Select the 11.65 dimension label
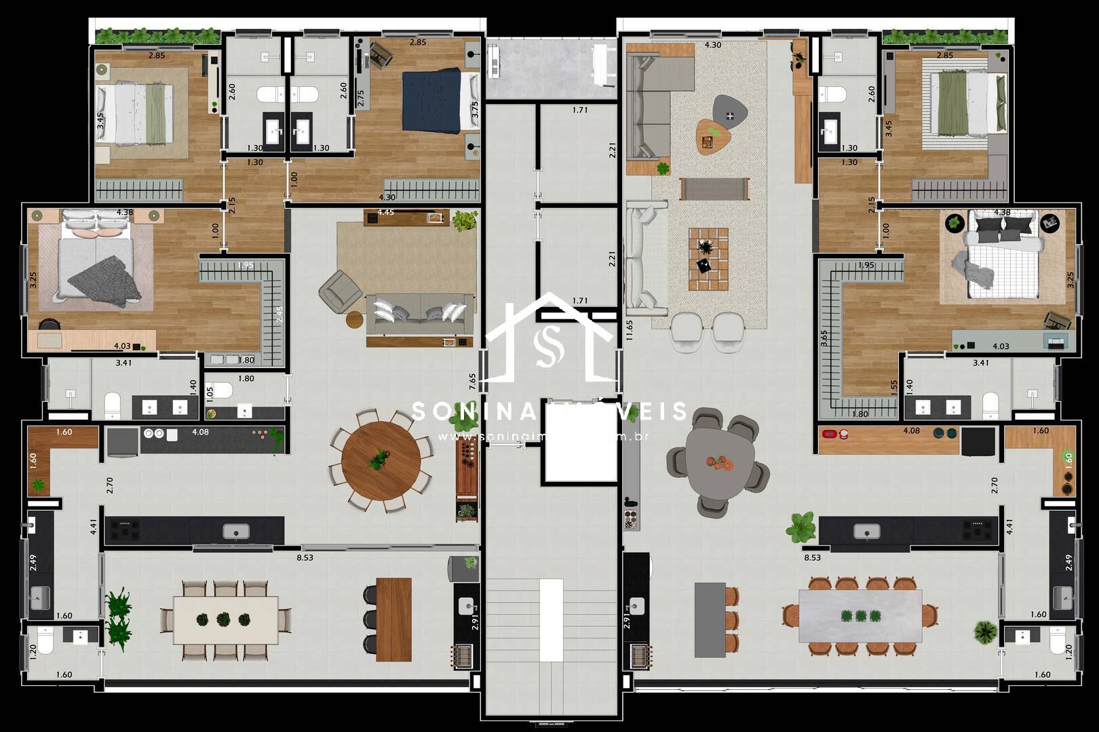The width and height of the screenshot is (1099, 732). click(x=630, y=330)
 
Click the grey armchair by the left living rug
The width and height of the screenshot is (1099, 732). click(x=340, y=291)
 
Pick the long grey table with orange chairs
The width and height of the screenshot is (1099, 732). click(x=860, y=615)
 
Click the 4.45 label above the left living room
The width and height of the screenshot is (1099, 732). click(x=385, y=212)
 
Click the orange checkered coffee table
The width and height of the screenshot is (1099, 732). click(x=708, y=259)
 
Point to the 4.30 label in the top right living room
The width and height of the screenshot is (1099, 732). click(x=712, y=45)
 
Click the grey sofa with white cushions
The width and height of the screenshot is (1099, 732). click(x=419, y=314)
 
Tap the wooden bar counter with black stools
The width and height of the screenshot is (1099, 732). click(x=393, y=619)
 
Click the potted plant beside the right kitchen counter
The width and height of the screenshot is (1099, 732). click(x=801, y=526)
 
